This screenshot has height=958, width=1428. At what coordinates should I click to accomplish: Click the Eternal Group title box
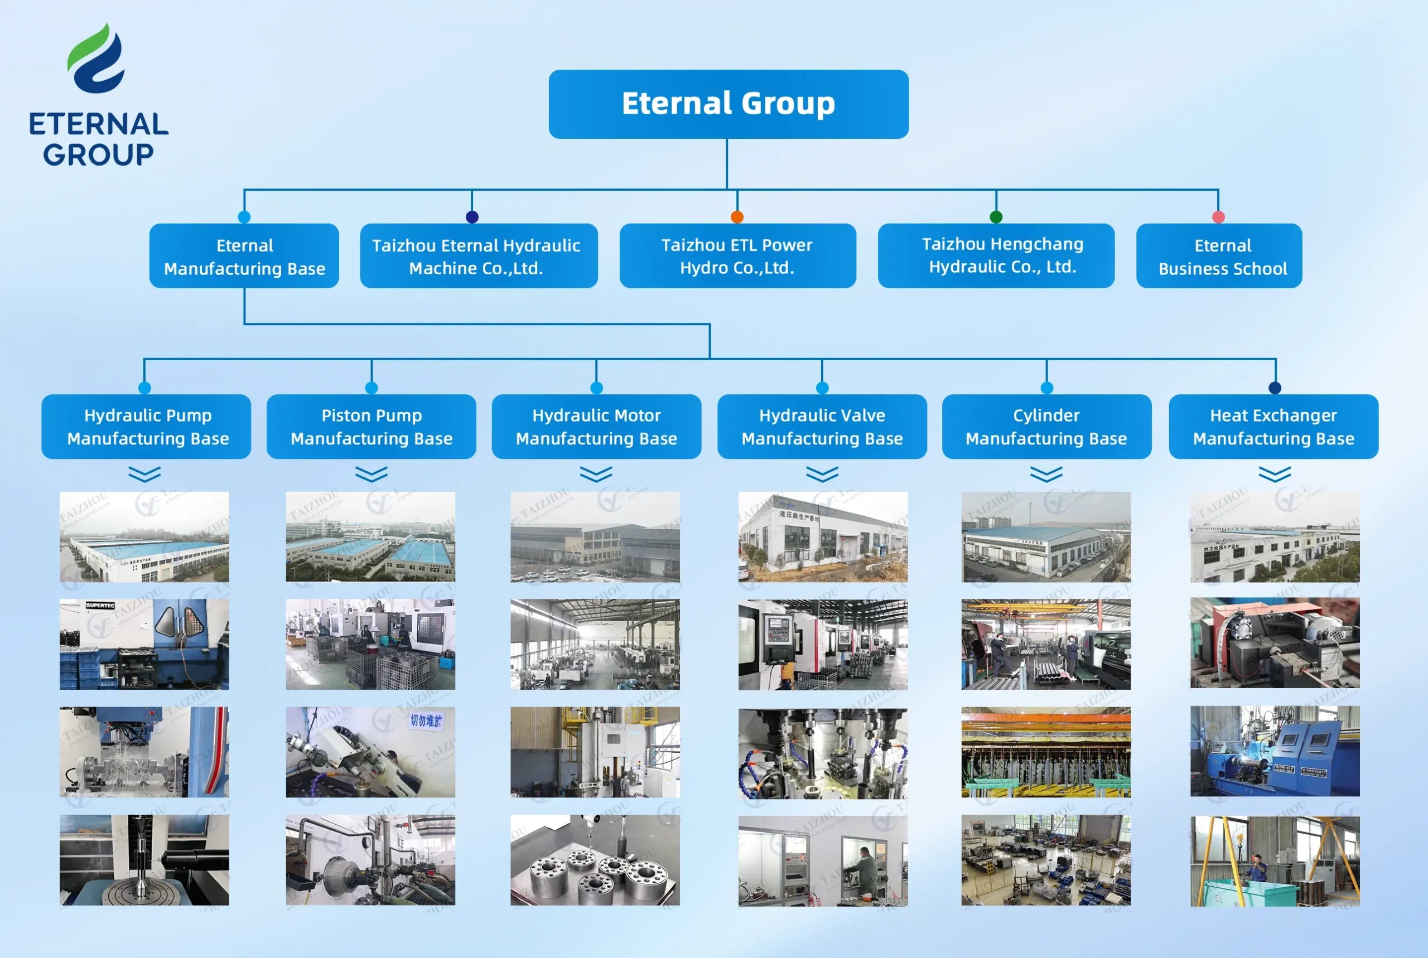click(728, 104)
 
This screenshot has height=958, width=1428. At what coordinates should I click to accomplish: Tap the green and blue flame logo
click(97, 59)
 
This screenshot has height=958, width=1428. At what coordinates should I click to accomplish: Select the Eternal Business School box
click(1218, 256)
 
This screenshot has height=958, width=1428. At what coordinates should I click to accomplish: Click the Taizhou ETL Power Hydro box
click(737, 256)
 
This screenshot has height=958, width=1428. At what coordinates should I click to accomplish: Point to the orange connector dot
click(737, 217)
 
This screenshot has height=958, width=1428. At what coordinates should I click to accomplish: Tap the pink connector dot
click(1218, 217)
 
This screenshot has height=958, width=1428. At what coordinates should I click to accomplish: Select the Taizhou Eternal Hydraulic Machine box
click(479, 256)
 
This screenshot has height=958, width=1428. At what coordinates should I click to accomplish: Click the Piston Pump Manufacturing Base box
click(371, 427)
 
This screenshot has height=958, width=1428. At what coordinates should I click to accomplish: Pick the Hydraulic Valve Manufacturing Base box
click(821, 427)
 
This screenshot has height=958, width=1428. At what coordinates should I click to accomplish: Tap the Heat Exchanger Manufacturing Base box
click(1273, 427)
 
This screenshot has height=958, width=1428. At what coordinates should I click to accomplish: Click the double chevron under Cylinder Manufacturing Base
click(1046, 474)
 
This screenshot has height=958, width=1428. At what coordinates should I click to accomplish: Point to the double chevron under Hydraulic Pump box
click(145, 474)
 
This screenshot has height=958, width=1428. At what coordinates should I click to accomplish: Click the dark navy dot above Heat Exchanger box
click(1274, 388)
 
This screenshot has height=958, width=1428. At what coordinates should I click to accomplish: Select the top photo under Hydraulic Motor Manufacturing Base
click(595, 536)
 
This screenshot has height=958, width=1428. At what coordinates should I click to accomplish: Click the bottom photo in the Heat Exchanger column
click(1274, 860)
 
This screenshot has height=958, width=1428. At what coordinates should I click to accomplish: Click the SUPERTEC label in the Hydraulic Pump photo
click(100, 606)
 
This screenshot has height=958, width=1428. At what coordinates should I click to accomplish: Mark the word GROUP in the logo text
click(98, 154)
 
